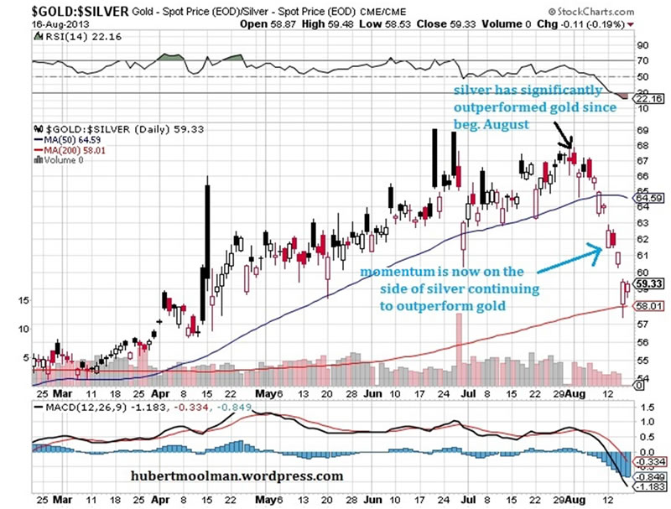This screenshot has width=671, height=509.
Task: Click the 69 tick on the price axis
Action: (642, 130)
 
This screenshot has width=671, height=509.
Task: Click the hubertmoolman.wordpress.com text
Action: (237, 475)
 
